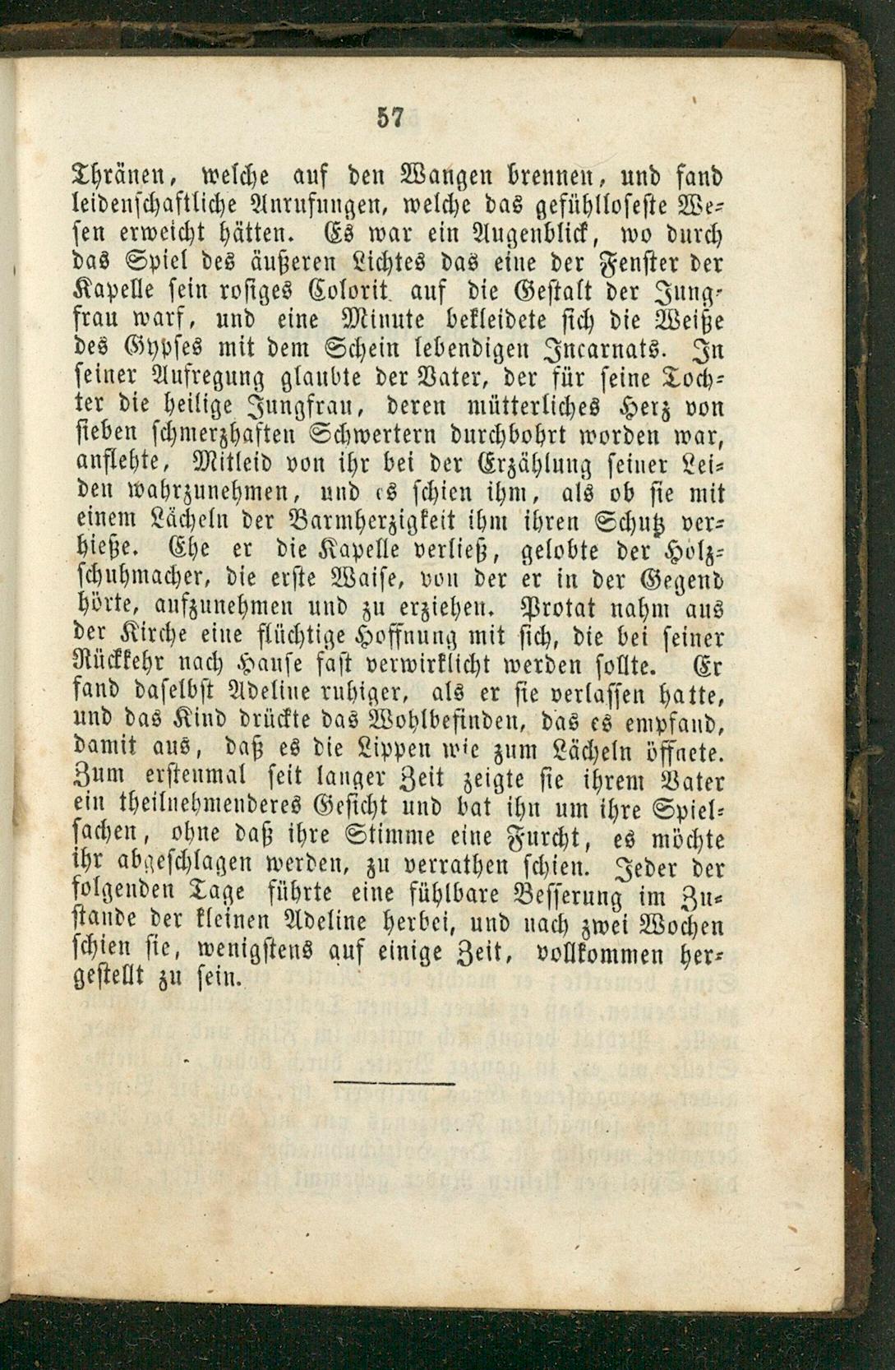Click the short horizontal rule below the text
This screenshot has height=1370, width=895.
(394, 1083)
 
